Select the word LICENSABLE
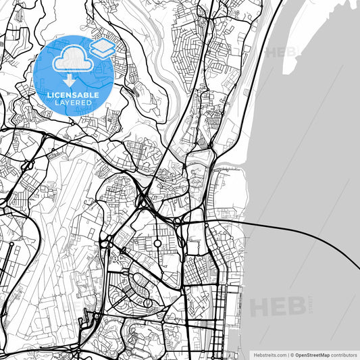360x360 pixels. (x=72, y=94)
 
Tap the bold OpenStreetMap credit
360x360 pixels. (x=313, y=354)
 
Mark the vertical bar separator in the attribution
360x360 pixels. (x=288, y=354)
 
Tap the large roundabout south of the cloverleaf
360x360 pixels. (x=157, y=242)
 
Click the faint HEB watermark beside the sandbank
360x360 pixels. (x=279, y=52)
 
